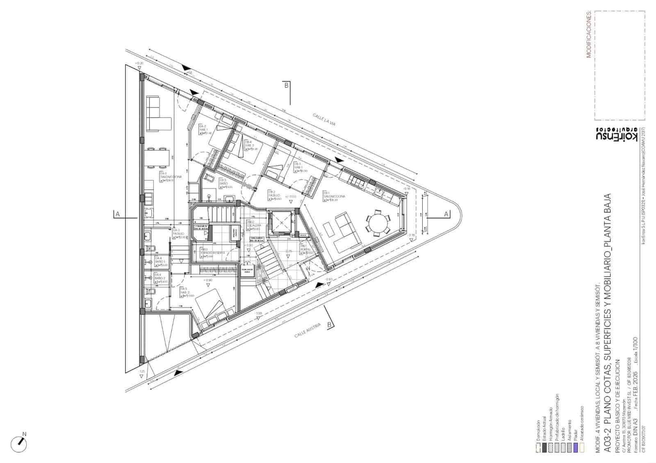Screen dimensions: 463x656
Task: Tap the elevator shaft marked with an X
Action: click(280, 223)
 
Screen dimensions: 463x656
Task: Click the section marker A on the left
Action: click(118, 214)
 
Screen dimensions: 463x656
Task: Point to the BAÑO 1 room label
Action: click(160, 261)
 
